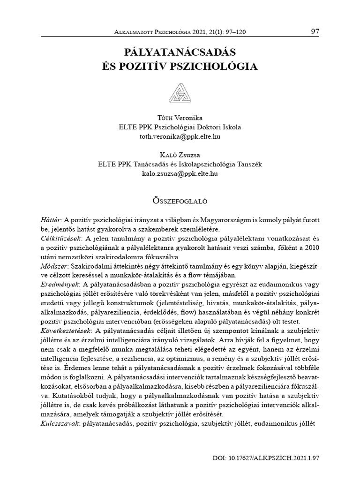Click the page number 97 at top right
315,32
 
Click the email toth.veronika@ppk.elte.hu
180,136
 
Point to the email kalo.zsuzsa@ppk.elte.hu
180,173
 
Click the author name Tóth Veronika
180,118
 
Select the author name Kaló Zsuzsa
180,154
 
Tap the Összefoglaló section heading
180,201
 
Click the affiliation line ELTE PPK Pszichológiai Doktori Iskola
180,127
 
